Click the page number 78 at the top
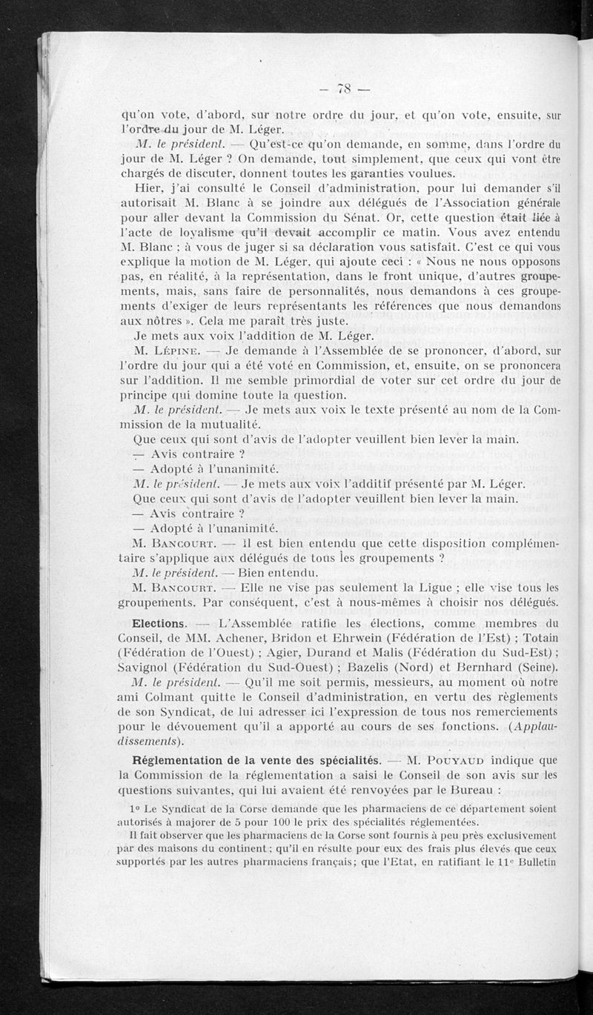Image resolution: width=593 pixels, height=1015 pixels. point(343,90)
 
